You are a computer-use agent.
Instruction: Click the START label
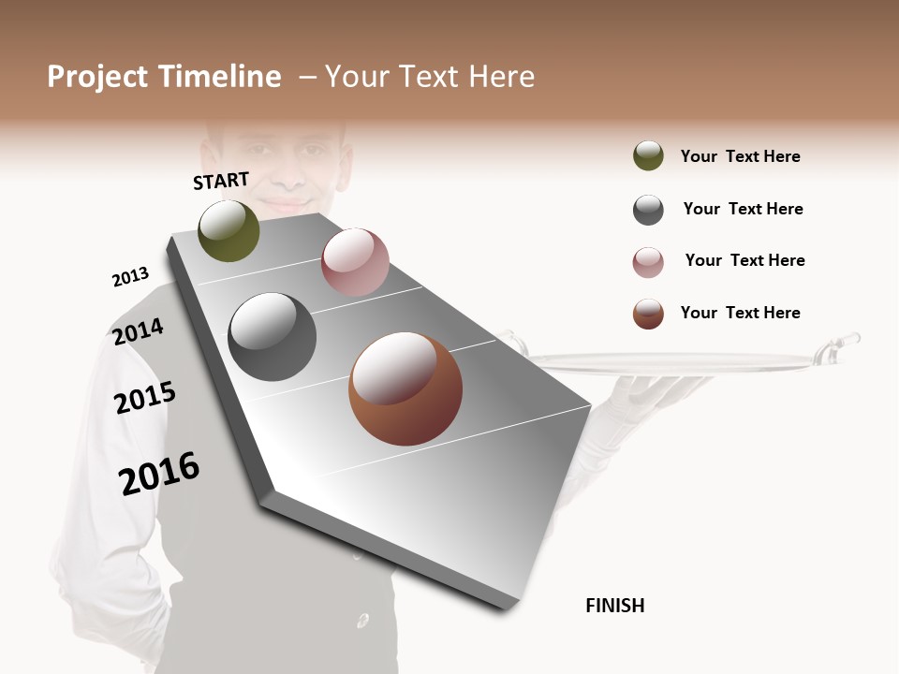tap(221, 181)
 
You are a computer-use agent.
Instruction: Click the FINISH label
tap(614, 606)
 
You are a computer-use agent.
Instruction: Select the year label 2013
tap(130, 277)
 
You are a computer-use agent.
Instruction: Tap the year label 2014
tap(138, 331)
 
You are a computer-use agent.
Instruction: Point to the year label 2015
tap(144, 398)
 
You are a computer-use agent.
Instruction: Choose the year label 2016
tap(159, 474)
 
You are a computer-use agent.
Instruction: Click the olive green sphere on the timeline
tap(229, 230)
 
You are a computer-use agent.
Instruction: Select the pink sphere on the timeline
tap(355, 262)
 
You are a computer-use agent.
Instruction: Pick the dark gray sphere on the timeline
tap(273, 336)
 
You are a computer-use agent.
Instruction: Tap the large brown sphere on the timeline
tap(405, 388)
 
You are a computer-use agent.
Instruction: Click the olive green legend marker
tap(648, 156)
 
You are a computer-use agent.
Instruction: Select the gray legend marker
tap(648, 210)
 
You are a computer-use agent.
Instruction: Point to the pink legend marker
tap(648, 262)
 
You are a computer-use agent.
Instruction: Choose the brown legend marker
tap(648, 314)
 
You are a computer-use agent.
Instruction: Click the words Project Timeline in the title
tap(164, 77)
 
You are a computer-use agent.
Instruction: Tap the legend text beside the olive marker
tap(740, 156)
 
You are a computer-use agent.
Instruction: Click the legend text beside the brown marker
tap(740, 313)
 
